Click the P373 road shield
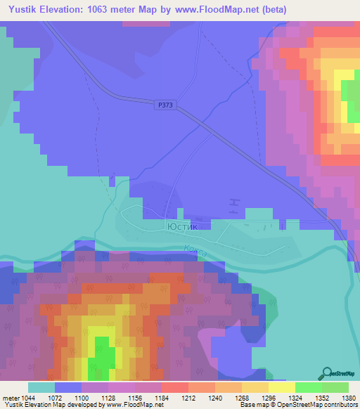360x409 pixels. point(165,105)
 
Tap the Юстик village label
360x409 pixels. point(184,227)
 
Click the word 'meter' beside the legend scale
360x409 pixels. point(12,398)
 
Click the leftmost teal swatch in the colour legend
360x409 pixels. point(41,387)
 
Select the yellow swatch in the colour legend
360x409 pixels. point(281,387)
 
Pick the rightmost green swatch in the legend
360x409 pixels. point(335,387)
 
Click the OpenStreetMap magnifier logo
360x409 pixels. point(326,373)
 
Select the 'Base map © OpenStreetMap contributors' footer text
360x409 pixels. point(297,405)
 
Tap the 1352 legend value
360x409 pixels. point(308,398)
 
